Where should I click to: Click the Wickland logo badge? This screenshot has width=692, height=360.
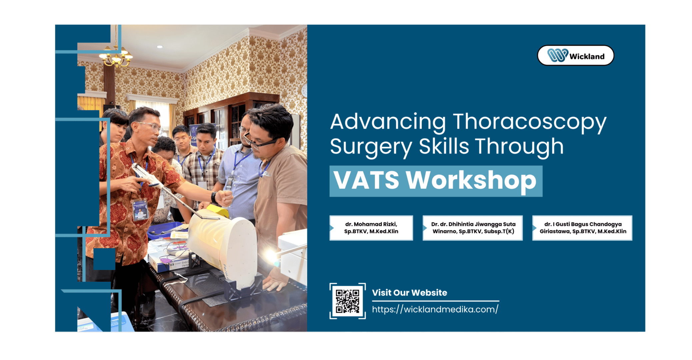(x=575, y=55)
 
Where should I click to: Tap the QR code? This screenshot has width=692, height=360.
(x=347, y=301)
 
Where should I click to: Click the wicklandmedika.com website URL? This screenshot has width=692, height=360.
(x=435, y=309)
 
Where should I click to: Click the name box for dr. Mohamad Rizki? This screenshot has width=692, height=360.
(x=371, y=228)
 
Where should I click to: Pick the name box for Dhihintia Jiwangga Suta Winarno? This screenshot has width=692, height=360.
(x=473, y=228)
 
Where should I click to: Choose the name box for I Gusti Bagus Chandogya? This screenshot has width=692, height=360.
(x=582, y=228)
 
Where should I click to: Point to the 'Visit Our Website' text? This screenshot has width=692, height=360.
(x=409, y=293)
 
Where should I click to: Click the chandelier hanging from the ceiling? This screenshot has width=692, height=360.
(x=116, y=55)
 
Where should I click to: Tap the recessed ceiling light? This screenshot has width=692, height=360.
(x=160, y=47)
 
